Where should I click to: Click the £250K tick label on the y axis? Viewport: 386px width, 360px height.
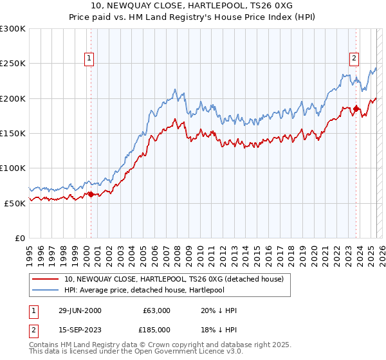coord(13,64)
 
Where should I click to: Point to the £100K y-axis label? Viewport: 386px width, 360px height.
coord(13,168)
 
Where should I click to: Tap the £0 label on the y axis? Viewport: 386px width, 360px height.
coord(20,238)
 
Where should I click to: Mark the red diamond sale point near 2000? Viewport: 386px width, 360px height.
coord(91,194)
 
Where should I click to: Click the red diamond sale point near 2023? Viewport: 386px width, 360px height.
coord(355,109)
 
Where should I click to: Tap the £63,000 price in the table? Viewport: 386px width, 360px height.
coord(156,310)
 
